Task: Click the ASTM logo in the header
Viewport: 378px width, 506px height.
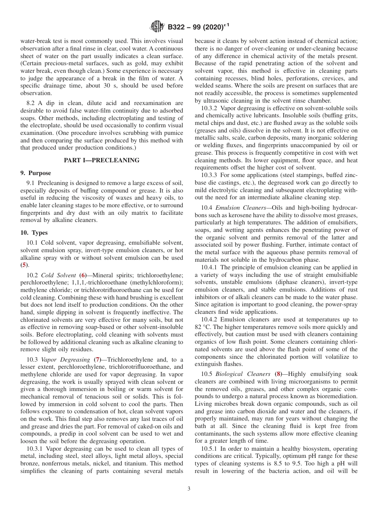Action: tap(157, 27)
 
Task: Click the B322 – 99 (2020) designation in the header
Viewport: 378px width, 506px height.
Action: tap(198, 27)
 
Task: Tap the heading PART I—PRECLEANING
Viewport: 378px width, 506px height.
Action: tap(102, 160)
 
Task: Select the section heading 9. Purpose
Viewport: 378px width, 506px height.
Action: tap(36, 173)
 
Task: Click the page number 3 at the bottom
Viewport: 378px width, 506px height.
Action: tap(189, 488)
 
